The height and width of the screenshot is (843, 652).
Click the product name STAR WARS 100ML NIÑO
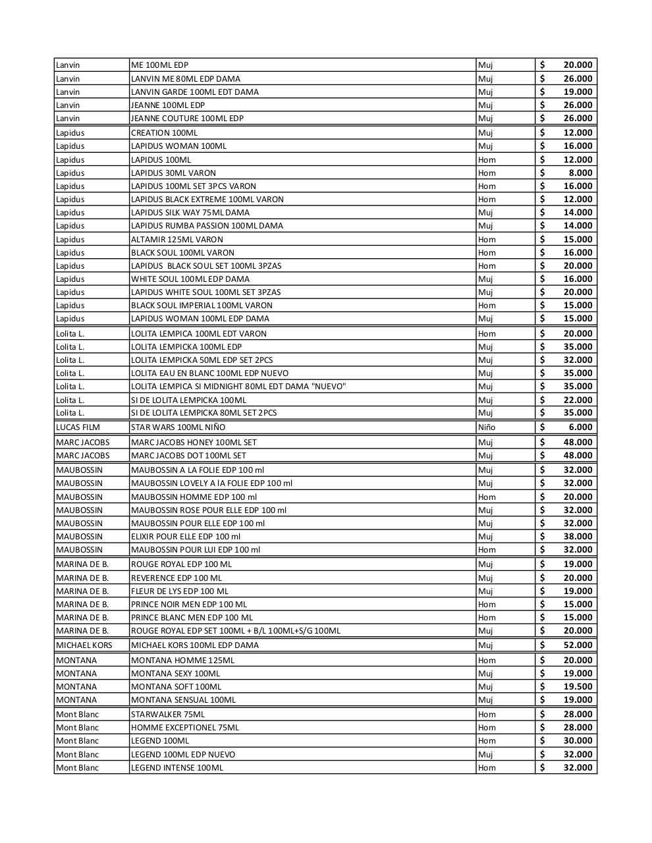coord(178,427)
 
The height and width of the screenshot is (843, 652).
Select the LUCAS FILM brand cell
coord(78,427)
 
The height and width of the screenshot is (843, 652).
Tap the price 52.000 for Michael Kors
coord(578,645)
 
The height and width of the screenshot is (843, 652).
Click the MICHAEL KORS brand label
coord(84,645)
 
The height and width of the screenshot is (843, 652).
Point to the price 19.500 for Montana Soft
coord(578,686)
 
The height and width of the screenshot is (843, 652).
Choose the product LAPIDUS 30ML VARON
coord(173,173)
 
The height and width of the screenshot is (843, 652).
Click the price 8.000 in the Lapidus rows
coord(580,173)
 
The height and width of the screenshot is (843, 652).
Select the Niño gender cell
coord(487,427)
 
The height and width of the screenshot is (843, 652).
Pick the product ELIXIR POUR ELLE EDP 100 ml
coord(186,536)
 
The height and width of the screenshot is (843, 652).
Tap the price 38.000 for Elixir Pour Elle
coord(578,536)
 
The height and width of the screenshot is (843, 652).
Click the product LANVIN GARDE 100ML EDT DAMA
coord(195,92)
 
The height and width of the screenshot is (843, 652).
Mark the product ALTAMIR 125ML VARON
coord(177,240)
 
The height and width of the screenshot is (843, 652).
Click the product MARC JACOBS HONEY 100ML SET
coord(194,443)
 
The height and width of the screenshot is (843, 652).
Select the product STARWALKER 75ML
coord(168,715)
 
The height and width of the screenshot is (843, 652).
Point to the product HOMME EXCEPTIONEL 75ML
coord(185,728)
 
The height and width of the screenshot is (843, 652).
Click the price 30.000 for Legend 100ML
coord(578,741)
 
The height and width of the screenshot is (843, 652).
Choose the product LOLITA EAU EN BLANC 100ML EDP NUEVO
coord(209,373)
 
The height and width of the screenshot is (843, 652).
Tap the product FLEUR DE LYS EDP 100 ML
coord(180,591)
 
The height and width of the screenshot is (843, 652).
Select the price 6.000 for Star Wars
coord(580,427)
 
